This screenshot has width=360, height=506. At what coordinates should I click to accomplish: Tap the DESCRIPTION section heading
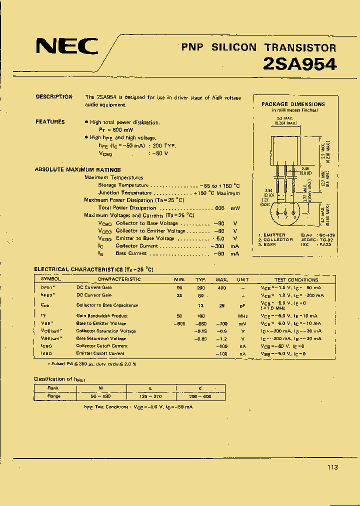click(x=54, y=97)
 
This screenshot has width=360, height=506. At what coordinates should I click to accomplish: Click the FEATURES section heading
click(x=50, y=122)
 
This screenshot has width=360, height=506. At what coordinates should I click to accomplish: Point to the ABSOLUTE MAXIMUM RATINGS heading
click(x=77, y=170)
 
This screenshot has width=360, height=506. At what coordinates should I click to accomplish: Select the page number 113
click(x=332, y=467)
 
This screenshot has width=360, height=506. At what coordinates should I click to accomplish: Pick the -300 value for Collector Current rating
click(x=218, y=246)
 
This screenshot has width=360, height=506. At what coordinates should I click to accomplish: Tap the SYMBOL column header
click(x=50, y=279)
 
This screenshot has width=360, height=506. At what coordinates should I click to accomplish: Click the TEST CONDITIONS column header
click(x=296, y=279)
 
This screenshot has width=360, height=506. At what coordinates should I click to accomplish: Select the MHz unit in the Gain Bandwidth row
click(x=243, y=316)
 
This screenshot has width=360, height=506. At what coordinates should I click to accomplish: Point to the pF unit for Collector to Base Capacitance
click(x=243, y=305)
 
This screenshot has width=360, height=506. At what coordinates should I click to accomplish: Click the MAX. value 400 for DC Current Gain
click(x=221, y=287)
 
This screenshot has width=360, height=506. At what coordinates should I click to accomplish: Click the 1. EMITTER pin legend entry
click(x=272, y=235)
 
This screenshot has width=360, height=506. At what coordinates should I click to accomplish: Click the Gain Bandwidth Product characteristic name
click(x=102, y=316)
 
